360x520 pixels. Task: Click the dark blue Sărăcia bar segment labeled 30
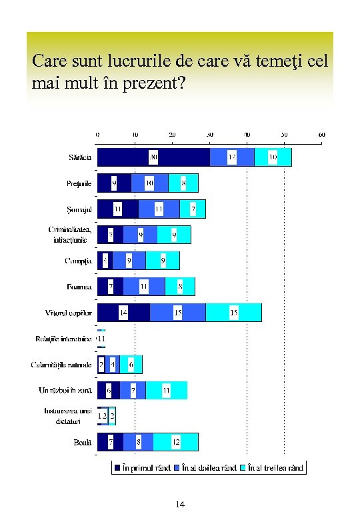153,157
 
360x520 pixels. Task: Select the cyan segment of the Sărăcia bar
273,157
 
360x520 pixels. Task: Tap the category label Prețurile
79,183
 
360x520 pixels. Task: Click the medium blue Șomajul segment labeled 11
159,209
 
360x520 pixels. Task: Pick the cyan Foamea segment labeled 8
180,287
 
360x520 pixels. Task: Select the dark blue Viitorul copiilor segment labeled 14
123,313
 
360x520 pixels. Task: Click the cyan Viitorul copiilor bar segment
233,313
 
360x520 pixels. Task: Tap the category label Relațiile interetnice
63,339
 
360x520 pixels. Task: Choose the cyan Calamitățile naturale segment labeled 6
131,365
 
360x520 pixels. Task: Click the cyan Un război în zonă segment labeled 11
166,390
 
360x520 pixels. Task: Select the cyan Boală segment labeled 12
175,442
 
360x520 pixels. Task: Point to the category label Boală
83,442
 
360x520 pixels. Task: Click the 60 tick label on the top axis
321,135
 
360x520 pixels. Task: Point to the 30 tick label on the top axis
209,135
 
